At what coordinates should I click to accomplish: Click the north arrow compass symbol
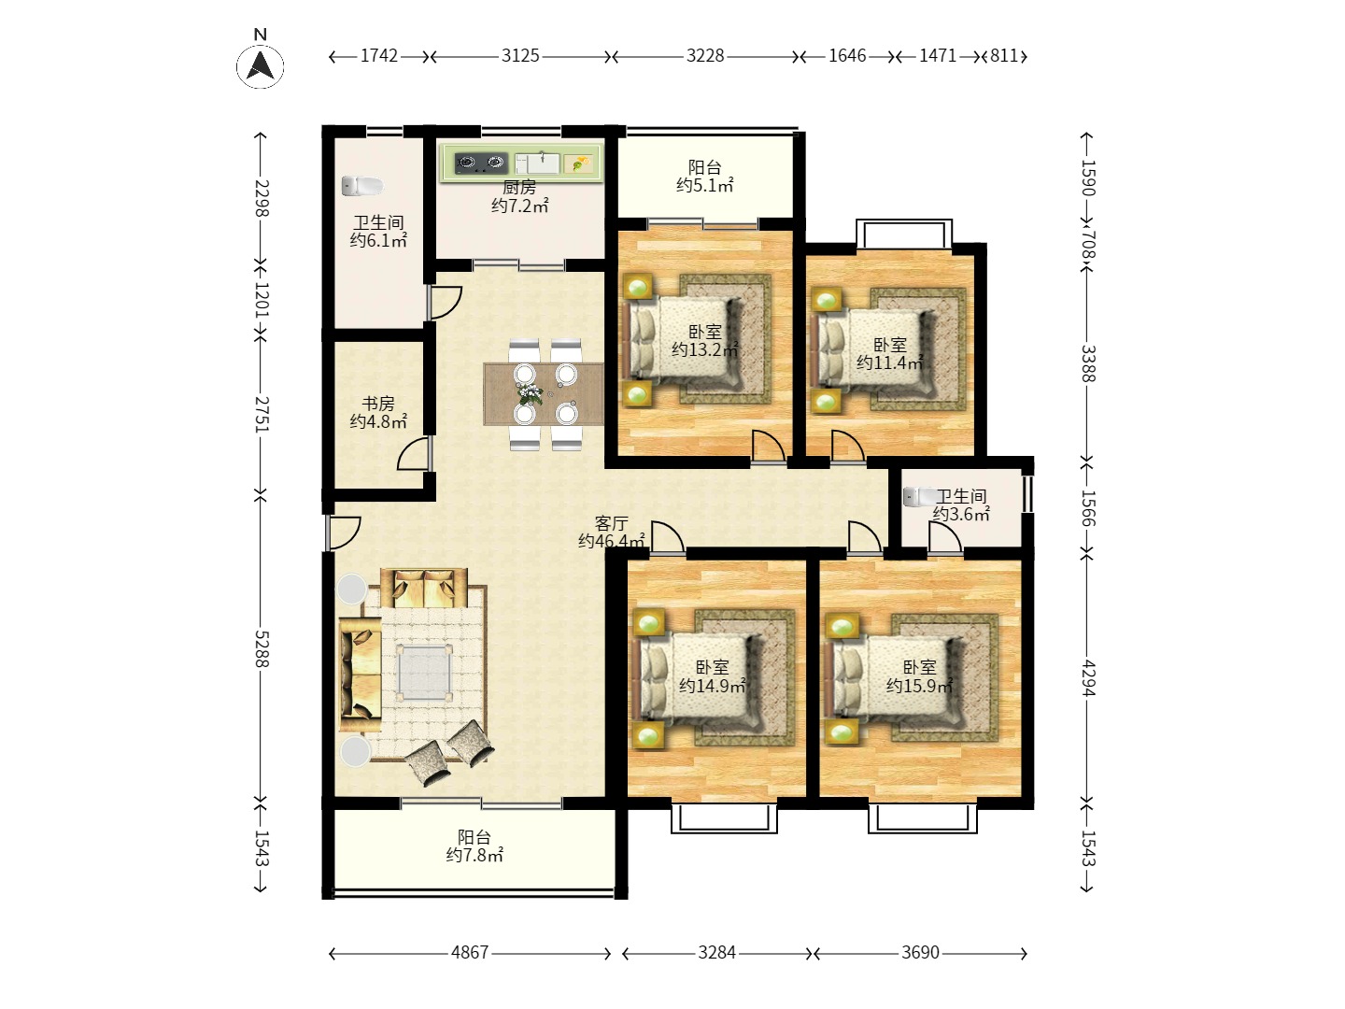261,65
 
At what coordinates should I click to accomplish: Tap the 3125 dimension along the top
520,56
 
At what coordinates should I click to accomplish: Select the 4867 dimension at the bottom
470,952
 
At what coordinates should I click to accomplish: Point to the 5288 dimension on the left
262,648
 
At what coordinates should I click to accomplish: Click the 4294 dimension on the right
1087,677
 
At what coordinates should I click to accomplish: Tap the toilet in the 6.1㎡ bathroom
361,186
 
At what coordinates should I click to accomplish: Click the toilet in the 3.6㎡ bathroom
919,496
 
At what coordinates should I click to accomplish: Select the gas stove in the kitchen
482,163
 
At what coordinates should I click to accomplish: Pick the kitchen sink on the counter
537,163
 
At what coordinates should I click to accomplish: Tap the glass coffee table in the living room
424,673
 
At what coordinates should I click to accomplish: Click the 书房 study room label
378,404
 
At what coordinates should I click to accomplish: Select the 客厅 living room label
612,524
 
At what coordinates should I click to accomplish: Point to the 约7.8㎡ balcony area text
474,855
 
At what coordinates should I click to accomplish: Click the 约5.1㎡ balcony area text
704,185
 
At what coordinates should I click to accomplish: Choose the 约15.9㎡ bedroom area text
919,686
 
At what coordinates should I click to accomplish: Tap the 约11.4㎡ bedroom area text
890,362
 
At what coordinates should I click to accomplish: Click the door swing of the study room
413,455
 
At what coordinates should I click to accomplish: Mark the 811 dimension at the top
1004,56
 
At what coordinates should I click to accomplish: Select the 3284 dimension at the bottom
717,952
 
